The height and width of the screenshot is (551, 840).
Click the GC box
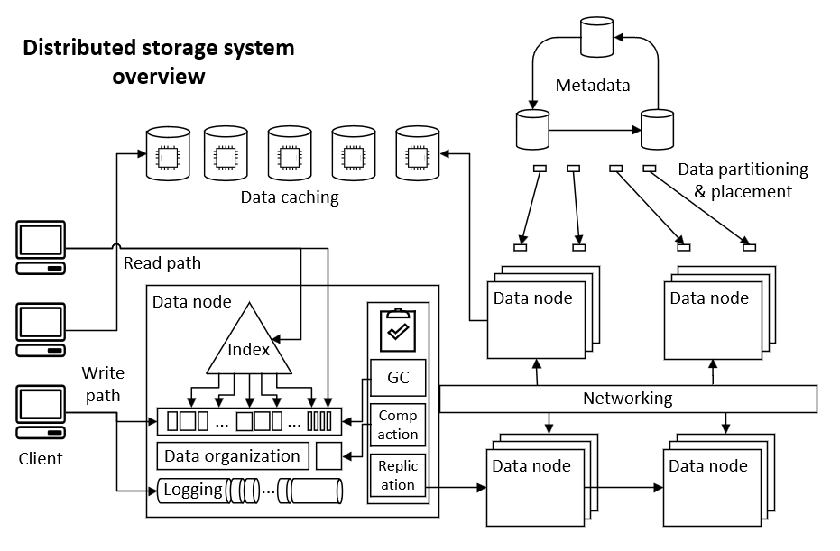[x=398, y=378]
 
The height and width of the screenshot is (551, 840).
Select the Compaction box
[x=398, y=425]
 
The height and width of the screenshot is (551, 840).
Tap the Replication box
[x=398, y=475]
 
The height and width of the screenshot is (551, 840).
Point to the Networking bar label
[x=627, y=398]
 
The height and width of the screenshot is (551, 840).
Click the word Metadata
[x=593, y=86]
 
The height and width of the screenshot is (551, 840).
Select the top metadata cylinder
[x=595, y=36]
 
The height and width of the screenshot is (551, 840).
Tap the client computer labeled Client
[x=42, y=416]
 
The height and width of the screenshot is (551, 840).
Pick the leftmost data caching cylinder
[x=167, y=152]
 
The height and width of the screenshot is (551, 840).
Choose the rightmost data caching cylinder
[x=418, y=152]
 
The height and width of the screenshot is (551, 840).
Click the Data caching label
[x=290, y=197]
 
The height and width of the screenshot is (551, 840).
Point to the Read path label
[x=162, y=263]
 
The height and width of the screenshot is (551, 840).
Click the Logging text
[x=193, y=490]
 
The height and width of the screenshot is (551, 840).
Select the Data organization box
[x=233, y=455]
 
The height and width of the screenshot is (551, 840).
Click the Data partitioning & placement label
[x=743, y=180]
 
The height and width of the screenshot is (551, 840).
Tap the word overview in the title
[x=159, y=77]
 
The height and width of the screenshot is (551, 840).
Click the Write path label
[x=103, y=383]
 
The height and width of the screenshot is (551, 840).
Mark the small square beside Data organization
[x=328, y=455]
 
